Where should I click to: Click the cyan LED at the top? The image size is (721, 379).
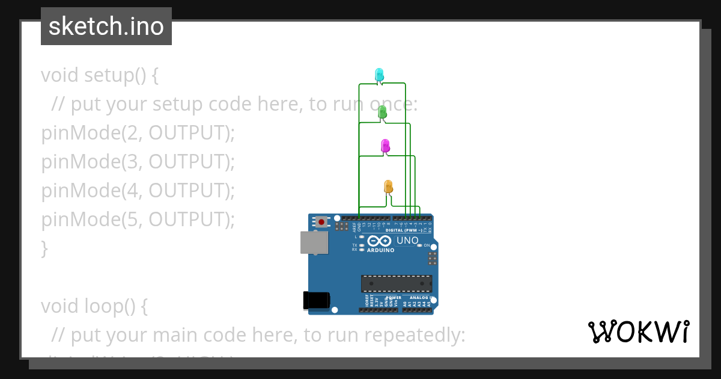379,75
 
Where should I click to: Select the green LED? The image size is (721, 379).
382,112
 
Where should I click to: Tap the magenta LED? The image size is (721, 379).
385,146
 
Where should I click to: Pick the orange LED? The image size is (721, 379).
388,186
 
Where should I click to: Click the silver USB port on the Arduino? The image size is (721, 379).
314,242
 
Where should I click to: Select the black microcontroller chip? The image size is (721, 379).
396,283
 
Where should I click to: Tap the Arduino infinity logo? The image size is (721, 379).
383,241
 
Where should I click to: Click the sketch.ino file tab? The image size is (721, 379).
106,26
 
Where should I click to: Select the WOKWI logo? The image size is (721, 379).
638,332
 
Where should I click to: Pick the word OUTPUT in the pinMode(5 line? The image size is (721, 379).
189,220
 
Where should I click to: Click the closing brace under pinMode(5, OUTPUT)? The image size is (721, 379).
44,248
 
